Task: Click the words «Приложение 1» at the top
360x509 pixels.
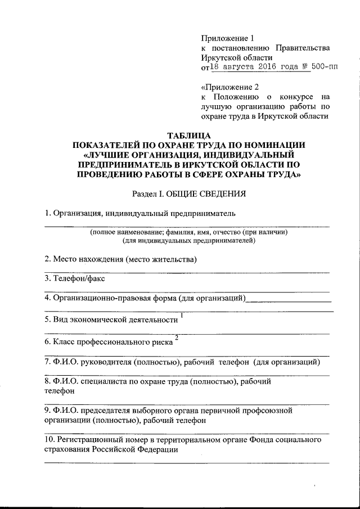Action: [228, 38]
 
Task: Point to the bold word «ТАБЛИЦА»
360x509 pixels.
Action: [190, 135]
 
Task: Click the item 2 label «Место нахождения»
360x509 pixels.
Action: [88, 259]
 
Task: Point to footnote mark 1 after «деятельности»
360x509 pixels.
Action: [182, 314]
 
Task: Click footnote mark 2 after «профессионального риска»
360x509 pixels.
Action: [177, 337]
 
